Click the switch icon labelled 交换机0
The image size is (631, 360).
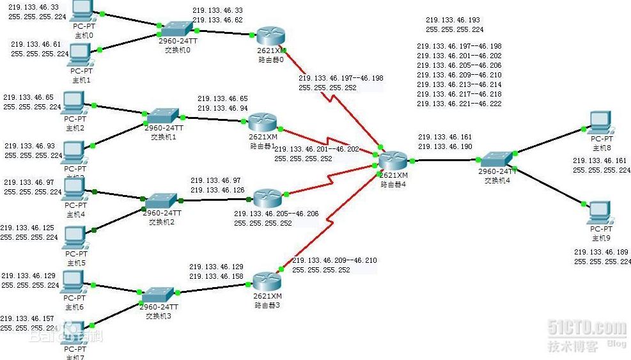pyautogui.click(x=175, y=28)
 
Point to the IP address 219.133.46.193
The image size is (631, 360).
pyautogui.click(x=453, y=20)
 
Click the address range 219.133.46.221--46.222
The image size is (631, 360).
pyautogui.click(x=459, y=104)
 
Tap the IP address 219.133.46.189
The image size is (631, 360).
pyautogui.click(x=601, y=252)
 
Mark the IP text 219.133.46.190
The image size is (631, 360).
pyautogui.click(x=445, y=146)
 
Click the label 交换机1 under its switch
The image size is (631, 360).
pyautogui.click(x=164, y=136)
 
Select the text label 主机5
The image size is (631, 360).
pyautogui.click(x=76, y=262)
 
